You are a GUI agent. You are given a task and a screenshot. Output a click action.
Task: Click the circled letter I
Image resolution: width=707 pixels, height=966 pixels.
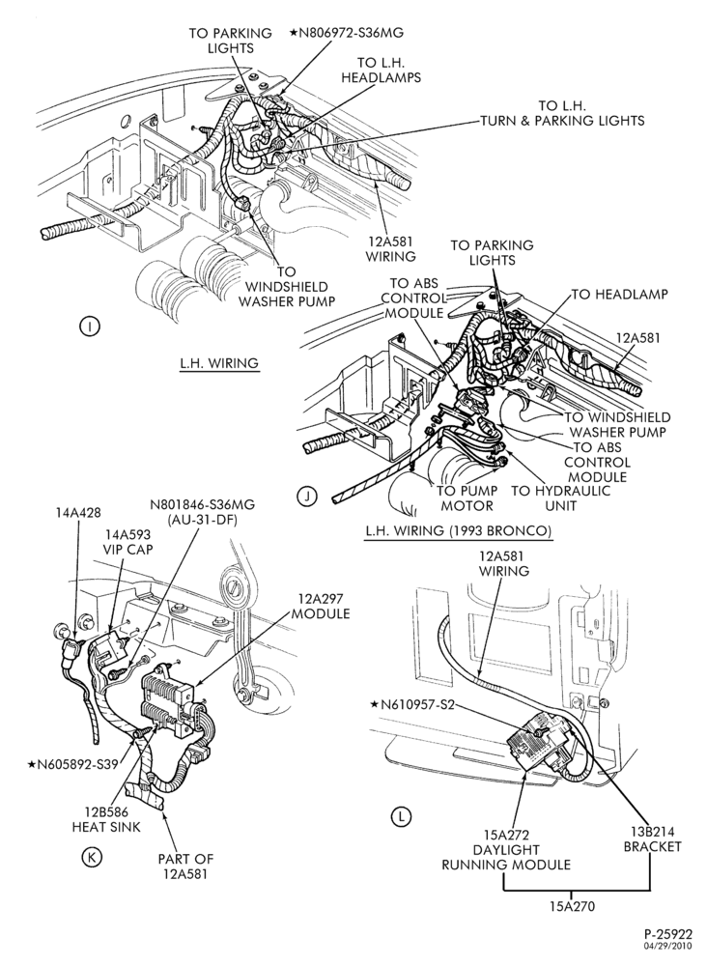click(x=90, y=327)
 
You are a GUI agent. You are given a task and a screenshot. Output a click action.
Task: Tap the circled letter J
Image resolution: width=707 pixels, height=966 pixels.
click(x=306, y=496)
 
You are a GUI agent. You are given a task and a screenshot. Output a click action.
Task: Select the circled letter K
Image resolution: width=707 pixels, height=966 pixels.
click(x=92, y=857)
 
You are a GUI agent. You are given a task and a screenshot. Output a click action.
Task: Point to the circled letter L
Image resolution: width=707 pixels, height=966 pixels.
click(x=400, y=817)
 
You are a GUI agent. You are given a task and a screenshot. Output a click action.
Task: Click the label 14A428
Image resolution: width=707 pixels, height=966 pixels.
click(x=79, y=511)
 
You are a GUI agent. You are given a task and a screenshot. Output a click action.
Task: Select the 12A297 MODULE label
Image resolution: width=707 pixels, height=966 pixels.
click(x=321, y=607)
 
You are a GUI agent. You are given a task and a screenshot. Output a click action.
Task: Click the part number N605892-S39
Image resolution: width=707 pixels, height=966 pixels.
click(x=72, y=764)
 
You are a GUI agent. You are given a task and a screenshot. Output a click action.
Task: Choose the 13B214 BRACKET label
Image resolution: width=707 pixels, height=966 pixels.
click(x=652, y=839)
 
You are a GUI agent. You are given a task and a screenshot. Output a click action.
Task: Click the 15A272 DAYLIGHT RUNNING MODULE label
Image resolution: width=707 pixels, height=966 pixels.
click(x=505, y=849)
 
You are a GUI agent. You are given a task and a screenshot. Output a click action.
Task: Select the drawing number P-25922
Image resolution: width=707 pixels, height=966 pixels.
click(x=668, y=935)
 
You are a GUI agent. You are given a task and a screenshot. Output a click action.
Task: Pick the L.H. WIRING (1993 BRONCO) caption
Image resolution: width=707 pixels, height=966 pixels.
click(x=458, y=530)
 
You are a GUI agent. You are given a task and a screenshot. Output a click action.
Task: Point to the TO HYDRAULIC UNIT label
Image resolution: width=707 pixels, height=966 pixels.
click(x=561, y=498)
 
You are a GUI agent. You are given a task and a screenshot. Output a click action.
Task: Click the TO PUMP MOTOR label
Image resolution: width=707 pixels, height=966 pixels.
click(x=465, y=498)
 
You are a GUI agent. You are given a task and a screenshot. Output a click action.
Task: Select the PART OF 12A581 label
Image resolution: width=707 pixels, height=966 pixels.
click(x=185, y=866)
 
